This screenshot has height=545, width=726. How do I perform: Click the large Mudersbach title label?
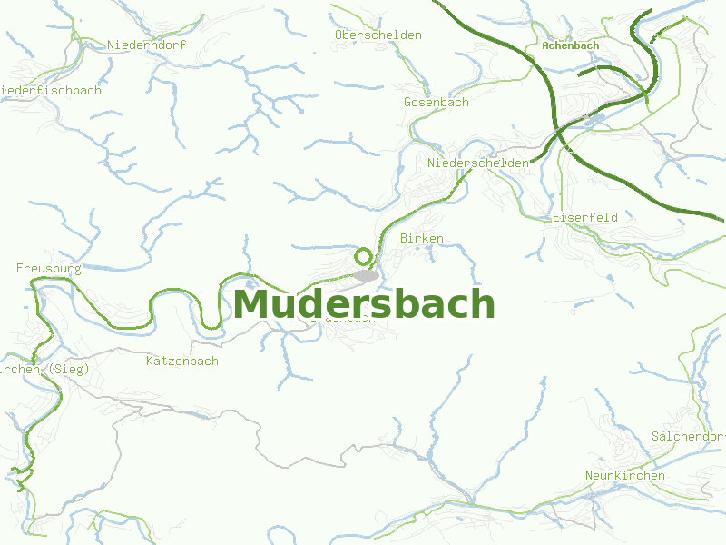[364, 304]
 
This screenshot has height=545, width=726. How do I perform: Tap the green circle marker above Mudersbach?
[363, 256]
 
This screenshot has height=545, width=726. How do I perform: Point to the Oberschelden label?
[378, 35]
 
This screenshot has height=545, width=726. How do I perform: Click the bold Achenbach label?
[570, 45]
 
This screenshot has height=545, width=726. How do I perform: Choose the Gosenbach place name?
[437, 103]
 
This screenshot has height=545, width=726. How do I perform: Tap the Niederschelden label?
[478, 163]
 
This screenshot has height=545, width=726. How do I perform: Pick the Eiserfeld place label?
[585, 218]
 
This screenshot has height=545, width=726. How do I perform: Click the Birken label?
[422, 238]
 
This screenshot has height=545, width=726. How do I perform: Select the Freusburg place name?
[49, 269]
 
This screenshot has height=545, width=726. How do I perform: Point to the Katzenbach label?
[182, 362]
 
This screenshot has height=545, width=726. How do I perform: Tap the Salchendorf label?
[688, 437]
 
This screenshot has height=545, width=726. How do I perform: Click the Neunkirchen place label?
[625, 476]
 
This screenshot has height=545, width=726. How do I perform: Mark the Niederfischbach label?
[51, 91]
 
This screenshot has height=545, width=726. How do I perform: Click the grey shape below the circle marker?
[366, 275]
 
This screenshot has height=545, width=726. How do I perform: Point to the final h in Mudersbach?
[482, 304]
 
